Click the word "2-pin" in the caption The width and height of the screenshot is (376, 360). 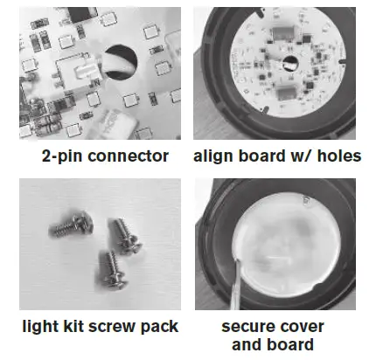pyautogui.click(x=61, y=156)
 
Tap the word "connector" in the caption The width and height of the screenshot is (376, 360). pyautogui.click(x=128, y=156)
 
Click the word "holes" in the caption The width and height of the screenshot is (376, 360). pyautogui.click(x=339, y=156)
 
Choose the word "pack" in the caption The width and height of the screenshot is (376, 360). pyautogui.click(x=159, y=327)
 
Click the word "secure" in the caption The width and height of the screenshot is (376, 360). pyautogui.click(x=244, y=327)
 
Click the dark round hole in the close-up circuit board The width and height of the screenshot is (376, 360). pyautogui.click(x=121, y=62)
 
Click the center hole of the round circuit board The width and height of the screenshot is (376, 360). pyautogui.click(x=290, y=64)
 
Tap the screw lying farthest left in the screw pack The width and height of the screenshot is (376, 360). pyautogui.click(x=71, y=225)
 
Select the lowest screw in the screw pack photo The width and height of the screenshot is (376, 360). pyautogui.click(x=112, y=271)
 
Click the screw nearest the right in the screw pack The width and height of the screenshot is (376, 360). pyautogui.click(x=125, y=237)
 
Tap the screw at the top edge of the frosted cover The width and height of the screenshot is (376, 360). pyautogui.click(x=306, y=200)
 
